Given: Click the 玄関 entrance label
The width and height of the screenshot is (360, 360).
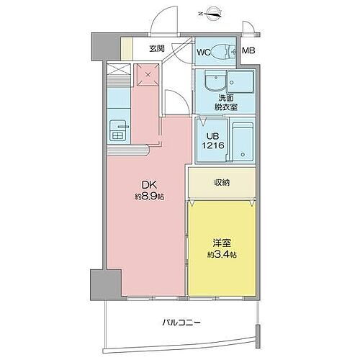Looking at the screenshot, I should (x=157, y=49).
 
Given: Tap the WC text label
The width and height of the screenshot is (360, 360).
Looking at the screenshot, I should (x=204, y=52).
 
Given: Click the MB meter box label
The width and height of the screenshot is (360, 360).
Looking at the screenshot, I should (x=248, y=51).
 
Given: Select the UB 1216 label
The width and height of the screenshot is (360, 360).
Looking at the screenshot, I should (x=213, y=141).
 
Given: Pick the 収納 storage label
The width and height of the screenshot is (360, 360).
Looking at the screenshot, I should (x=221, y=182).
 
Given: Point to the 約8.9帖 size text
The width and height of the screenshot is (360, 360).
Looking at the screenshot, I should (x=148, y=196).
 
